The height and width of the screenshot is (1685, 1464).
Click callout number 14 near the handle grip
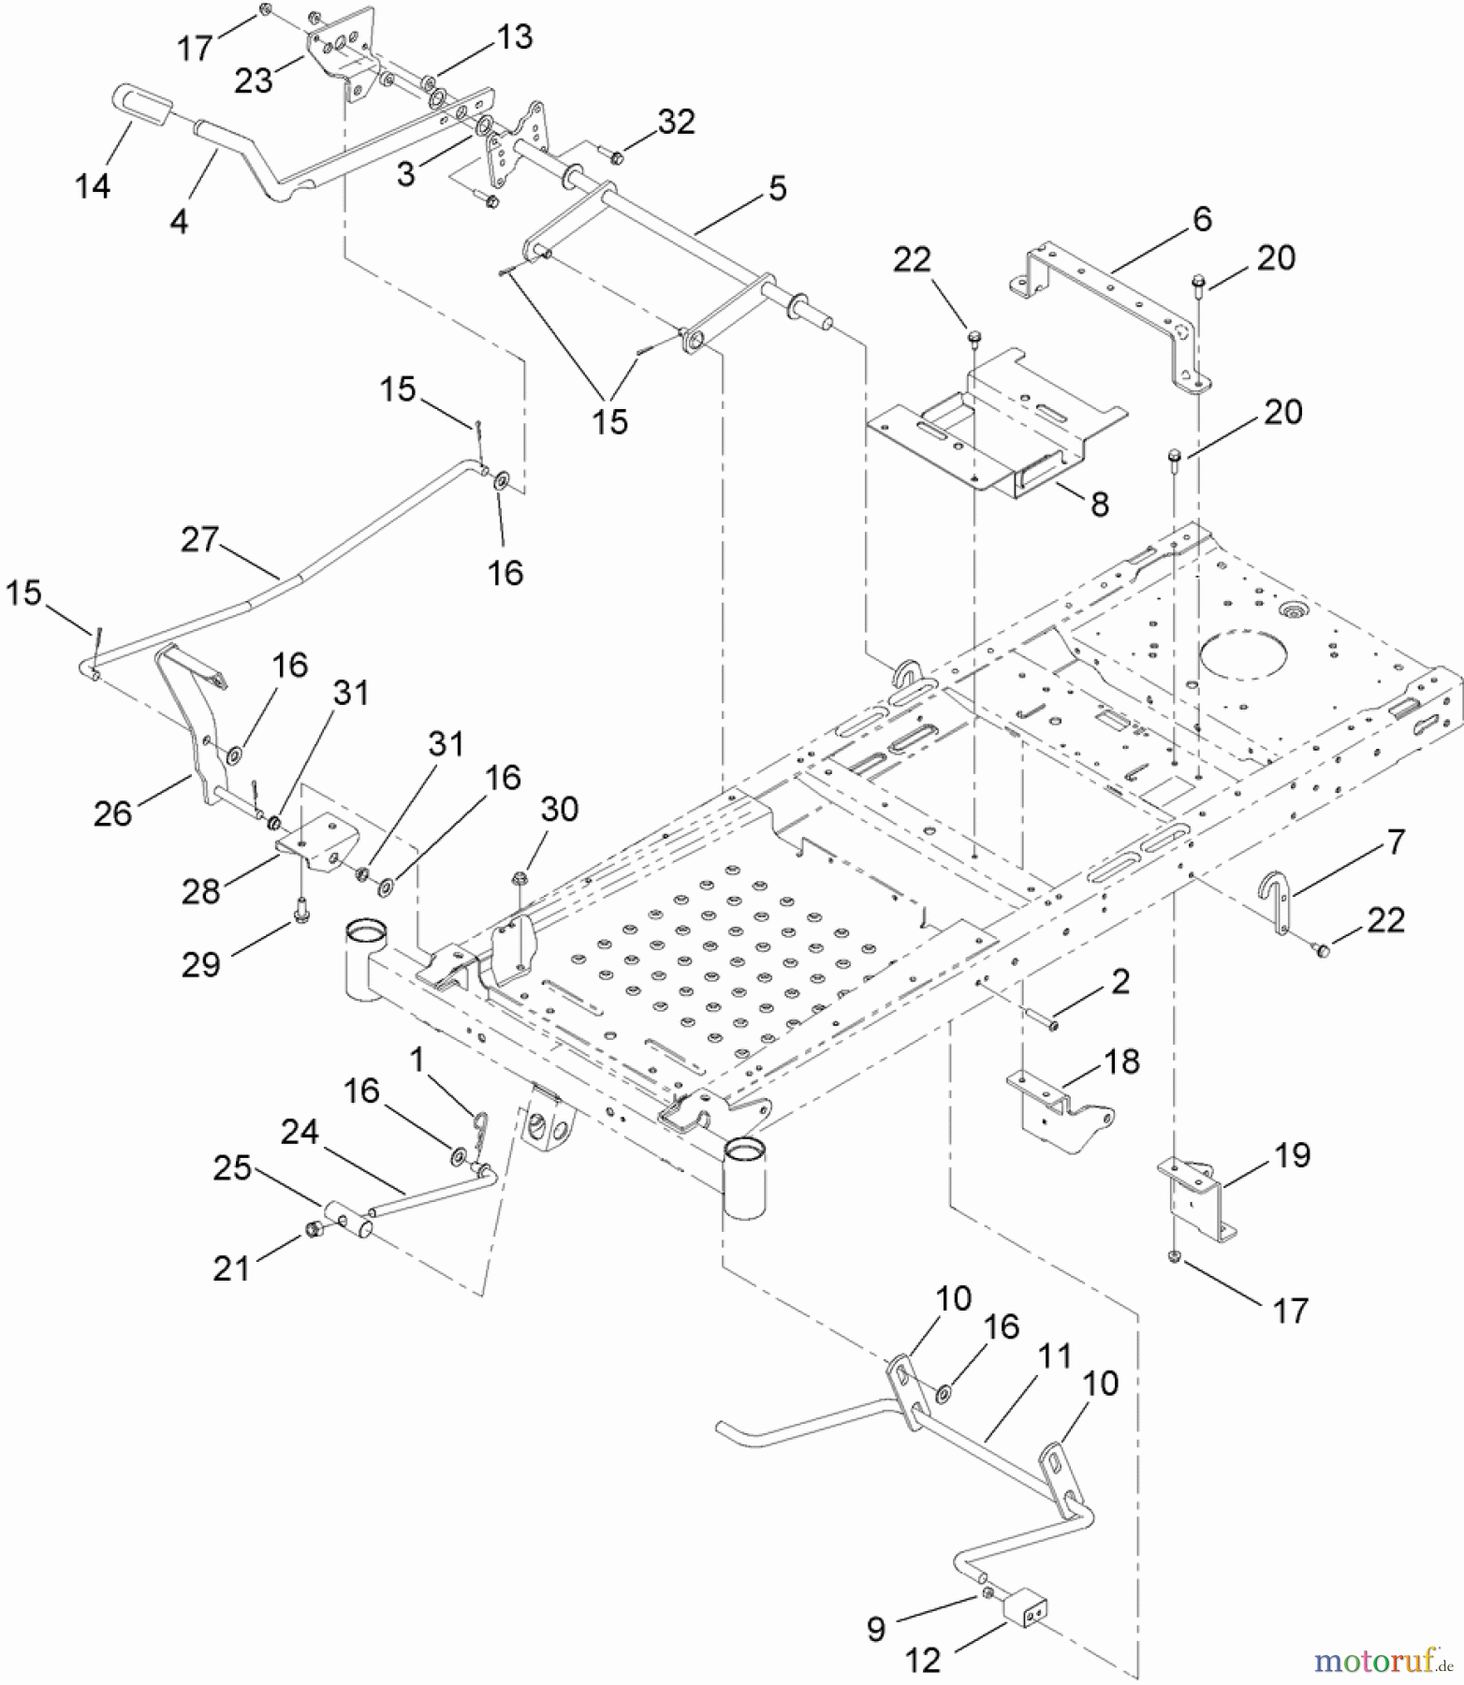pyautogui.click(x=93, y=186)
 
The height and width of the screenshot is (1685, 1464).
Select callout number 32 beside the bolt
pyautogui.click(x=676, y=122)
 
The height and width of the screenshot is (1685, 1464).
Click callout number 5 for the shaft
pyautogui.click(x=777, y=188)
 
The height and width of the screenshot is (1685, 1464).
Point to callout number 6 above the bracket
pyautogui.click(x=1202, y=219)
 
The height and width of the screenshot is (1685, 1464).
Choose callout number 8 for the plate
pyautogui.click(x=1100, y=505)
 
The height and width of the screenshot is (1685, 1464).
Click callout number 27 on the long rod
pyautogui.click(x=199, y=539)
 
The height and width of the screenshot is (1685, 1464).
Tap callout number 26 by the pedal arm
pyautogui.click(x=112, y=813)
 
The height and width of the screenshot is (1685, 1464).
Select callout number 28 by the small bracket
pyautogui.click(x=200, y=891)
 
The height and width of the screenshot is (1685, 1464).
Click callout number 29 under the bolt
pyautogui.click(x=200, y=964)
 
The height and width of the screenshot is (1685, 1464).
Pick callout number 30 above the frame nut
pyautogui.click(x=559, y=809)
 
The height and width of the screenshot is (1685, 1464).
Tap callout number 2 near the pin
pyautogui.click(x=1120, y=981)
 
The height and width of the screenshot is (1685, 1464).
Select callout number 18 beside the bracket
pyautogui.click(x=1122, y=1062)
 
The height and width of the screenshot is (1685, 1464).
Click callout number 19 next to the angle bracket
pyautogui.click(x=1293, y=1155)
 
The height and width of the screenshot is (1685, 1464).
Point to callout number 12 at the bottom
pyautogui.click(x=923, y=1661)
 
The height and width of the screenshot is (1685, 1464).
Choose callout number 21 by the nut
pyautogui.click(x=231, y=1268)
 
